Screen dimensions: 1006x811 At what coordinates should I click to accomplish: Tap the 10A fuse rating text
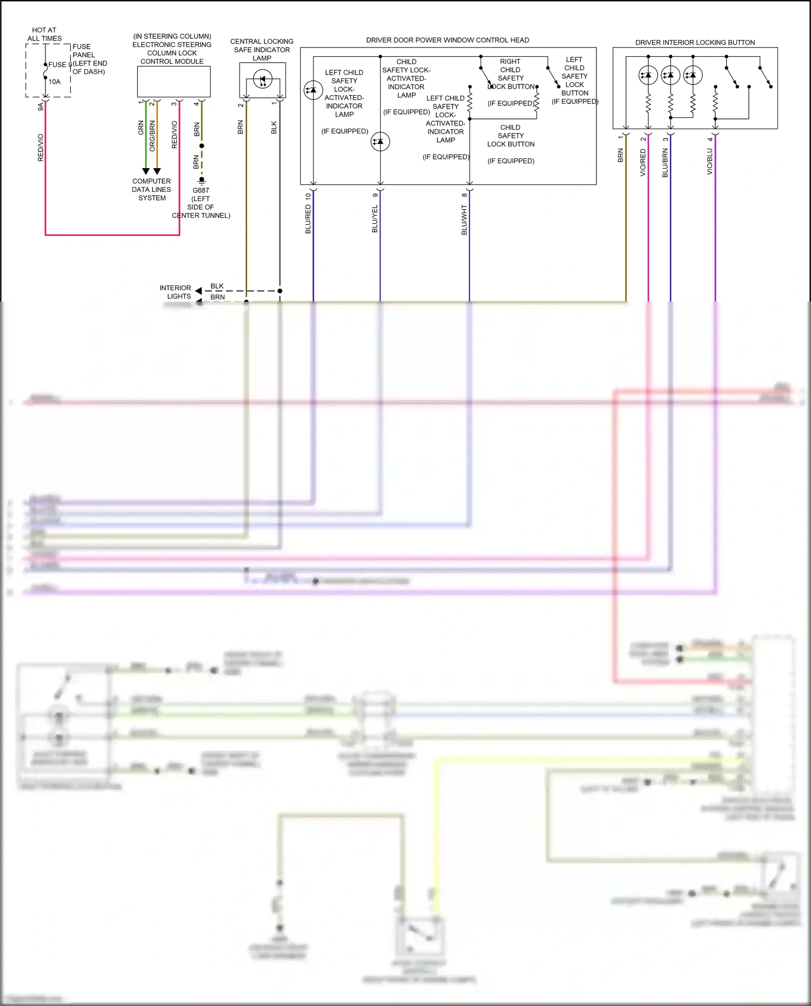tap(55, 82)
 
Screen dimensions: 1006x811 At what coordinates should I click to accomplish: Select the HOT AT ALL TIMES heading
tap(44, 35)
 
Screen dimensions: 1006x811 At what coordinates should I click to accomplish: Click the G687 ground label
tap(201, 190)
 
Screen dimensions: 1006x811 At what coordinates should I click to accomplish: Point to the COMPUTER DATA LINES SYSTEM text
tap(151, 190)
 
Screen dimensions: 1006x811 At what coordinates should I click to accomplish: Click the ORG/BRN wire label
tap(152, 136)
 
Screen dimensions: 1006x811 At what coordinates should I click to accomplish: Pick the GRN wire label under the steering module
tap(141, 128)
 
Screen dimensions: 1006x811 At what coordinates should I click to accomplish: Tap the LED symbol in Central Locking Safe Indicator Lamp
tap(263, 81)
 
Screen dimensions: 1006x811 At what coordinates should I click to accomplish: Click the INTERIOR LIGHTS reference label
tap(175, 292)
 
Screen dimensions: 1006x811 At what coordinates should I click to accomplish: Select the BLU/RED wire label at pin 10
tap(308, 219)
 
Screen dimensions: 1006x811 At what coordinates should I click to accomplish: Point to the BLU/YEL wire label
tap(375, 219)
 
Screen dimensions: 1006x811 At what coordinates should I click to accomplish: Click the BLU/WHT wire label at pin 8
tap(464, 219)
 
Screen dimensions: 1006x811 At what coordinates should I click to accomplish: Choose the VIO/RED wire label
tap(643, 162)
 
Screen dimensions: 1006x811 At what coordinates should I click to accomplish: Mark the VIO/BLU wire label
tap(710, 161)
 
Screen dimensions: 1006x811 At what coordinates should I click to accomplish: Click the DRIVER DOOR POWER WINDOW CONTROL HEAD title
tap(448, 40)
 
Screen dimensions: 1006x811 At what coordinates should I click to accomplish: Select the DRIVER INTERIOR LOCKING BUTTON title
tap(695, 42)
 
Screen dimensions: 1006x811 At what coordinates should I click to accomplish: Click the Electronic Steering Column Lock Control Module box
tap(174, 82)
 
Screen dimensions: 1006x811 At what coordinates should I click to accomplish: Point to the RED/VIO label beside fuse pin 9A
tap(41, 148)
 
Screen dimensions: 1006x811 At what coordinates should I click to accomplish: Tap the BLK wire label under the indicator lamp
tap(274, 128)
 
